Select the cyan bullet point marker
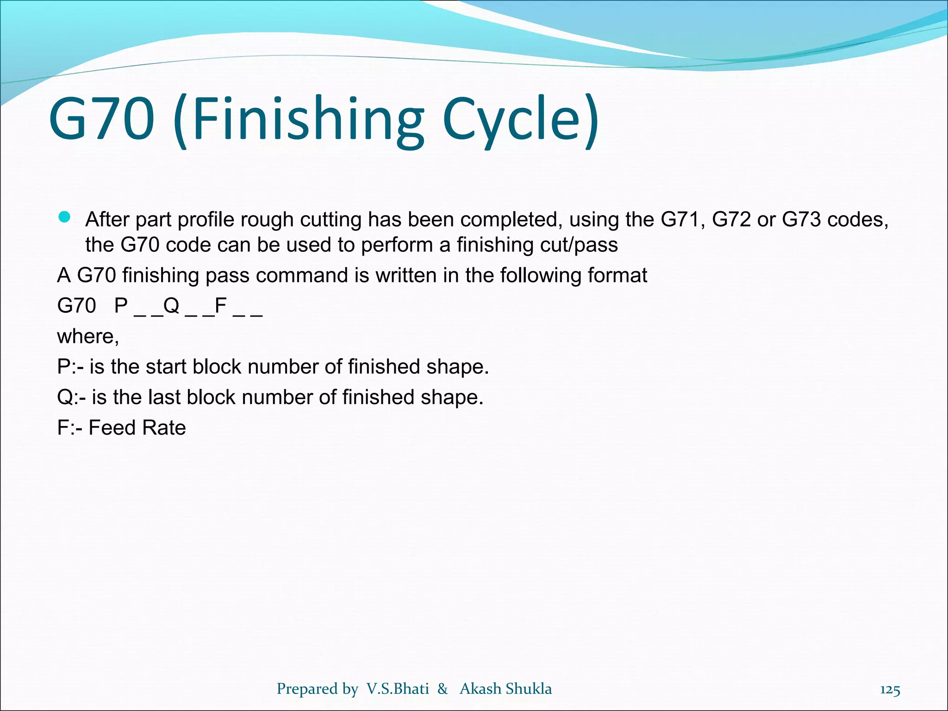64,218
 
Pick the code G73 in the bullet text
802,220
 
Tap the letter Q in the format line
171,306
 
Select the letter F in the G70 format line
221,306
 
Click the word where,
88,337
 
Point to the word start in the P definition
166,367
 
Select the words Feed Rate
137,428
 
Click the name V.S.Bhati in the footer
398,689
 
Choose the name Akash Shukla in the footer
505,689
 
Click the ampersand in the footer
443,689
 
